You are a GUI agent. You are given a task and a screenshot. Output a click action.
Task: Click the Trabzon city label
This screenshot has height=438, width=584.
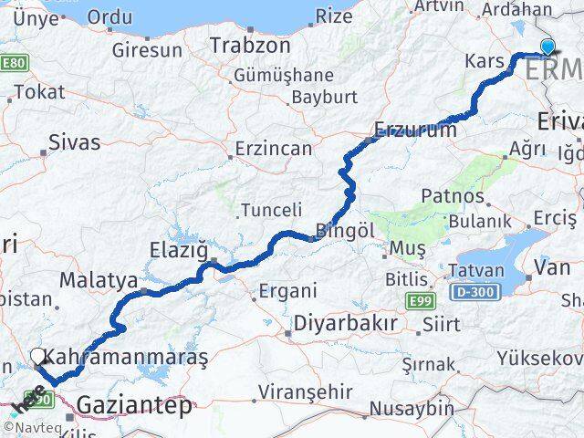point(244,45)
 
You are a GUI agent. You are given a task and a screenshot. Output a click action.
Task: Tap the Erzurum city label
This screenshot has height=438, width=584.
point(415,130)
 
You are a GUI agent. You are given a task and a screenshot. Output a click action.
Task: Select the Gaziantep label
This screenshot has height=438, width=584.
point(136,404)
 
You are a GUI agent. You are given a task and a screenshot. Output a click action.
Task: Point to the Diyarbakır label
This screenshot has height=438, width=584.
point(345,324)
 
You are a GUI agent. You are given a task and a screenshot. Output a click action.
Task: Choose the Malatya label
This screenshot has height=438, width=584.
point(99,278)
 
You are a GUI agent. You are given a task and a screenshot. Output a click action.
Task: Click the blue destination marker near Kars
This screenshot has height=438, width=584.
point(547,47)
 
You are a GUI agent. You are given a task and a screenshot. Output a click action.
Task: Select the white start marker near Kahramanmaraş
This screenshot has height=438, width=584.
point(37,357)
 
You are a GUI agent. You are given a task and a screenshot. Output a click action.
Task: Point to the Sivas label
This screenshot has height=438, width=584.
point(74,142)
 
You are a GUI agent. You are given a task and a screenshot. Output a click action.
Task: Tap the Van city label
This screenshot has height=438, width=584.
point(552,267)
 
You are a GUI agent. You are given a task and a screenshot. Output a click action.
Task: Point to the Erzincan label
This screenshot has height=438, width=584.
point(274,149)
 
